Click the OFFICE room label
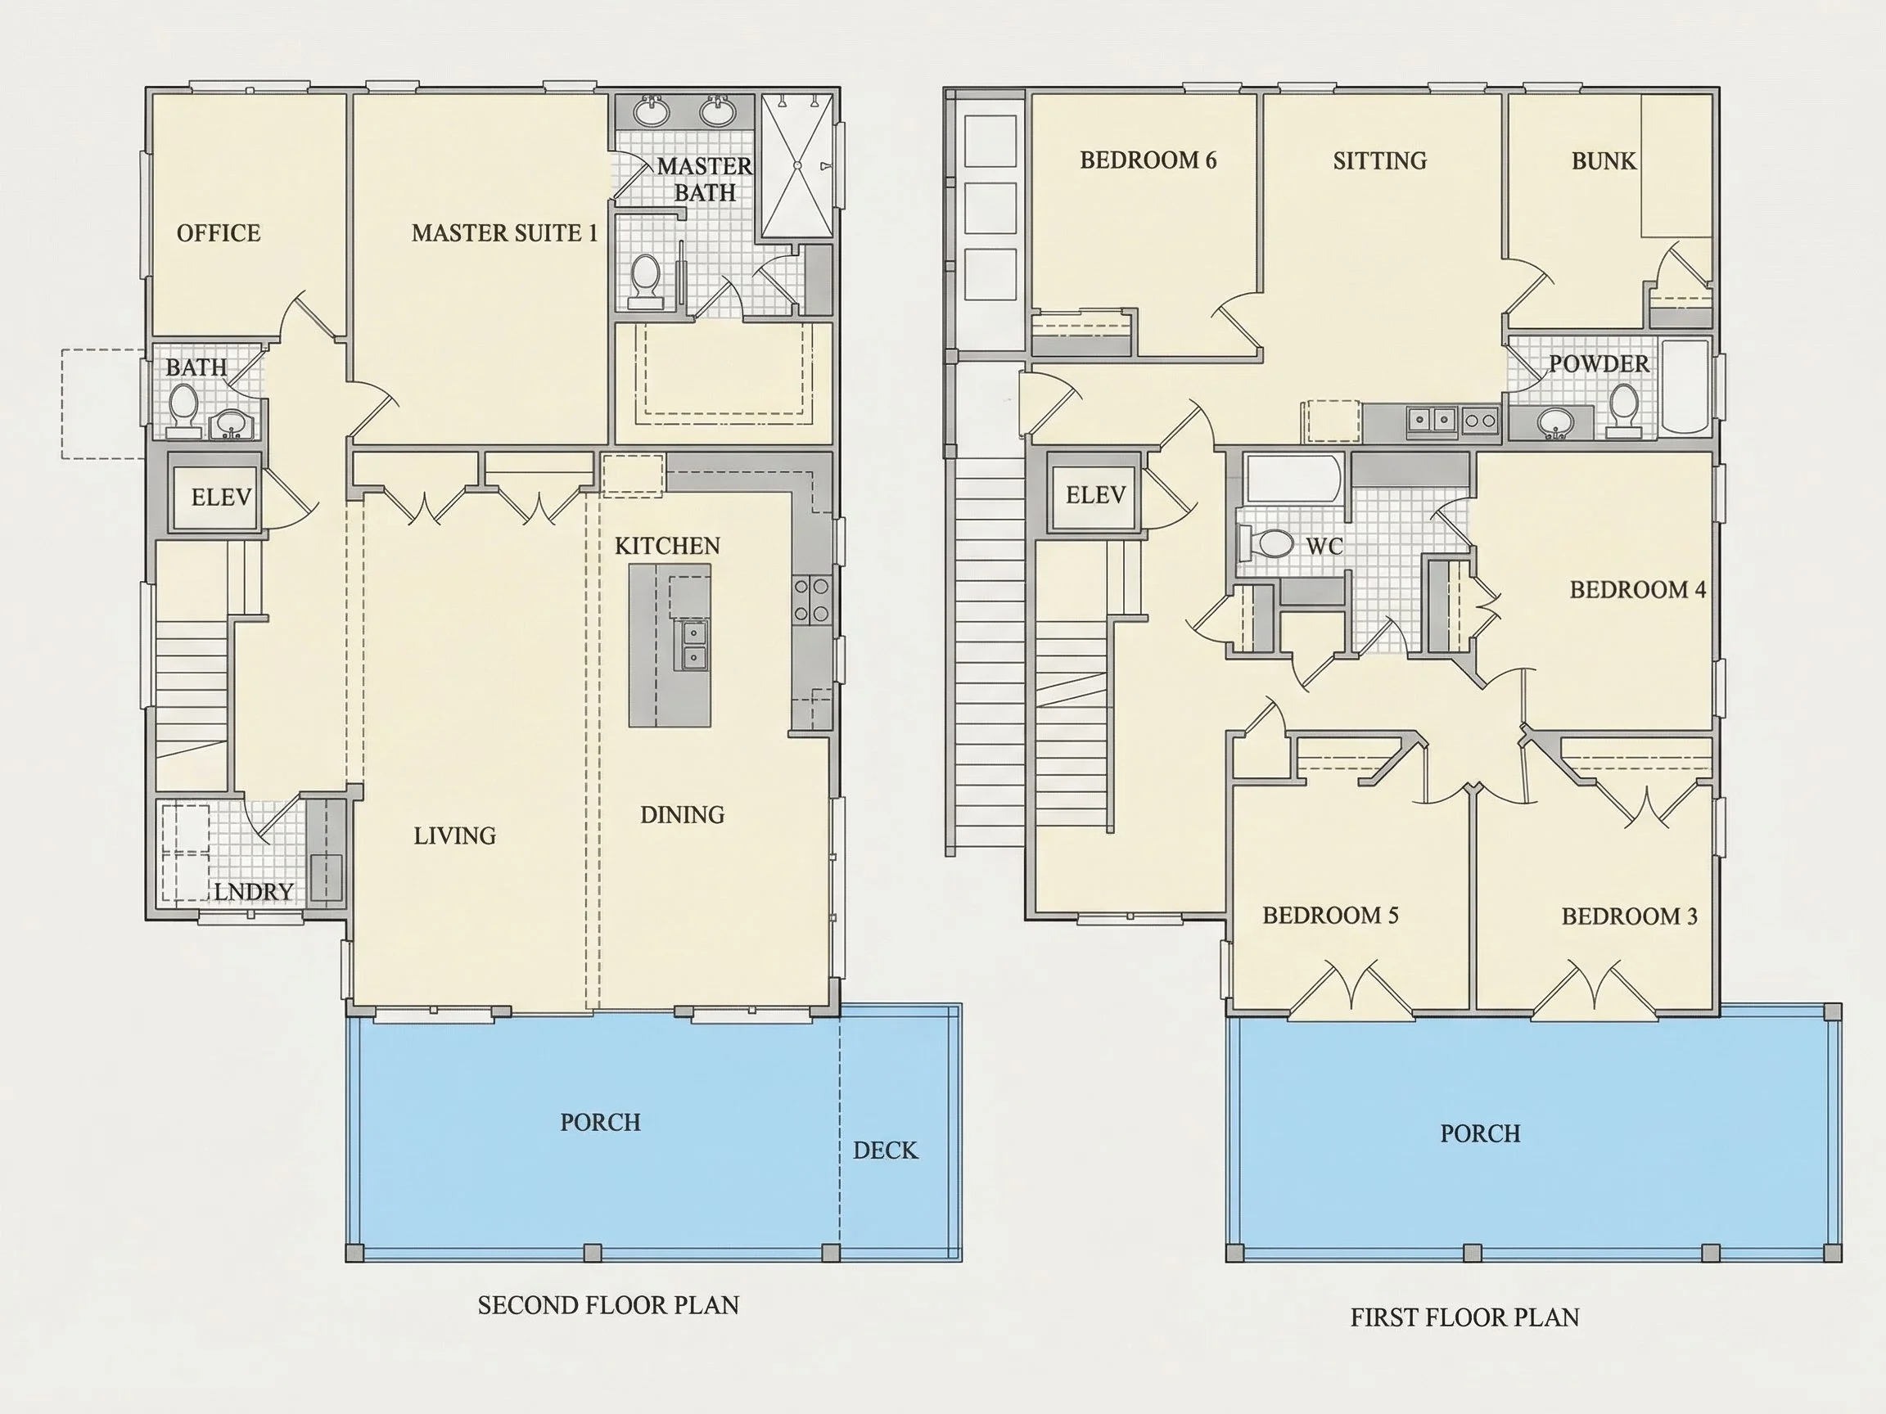coord(219,232)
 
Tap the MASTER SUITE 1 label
coord(505,232)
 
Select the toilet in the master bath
coord(644,281)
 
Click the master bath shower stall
coord(796,165)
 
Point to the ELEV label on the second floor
coord(221,497)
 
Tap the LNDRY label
coord(253,892)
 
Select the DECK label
coord(885,1151)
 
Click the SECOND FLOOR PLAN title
coord(608,1305)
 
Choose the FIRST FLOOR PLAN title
coord(1464,1317)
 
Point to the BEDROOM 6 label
coord(1148,160)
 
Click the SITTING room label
coord(1379,160)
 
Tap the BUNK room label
coord(1604,161)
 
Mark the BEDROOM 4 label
coord(1637,590)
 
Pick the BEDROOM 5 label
coord(1330,916)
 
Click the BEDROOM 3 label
coord(1629,916)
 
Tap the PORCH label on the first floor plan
coord(1480,1133)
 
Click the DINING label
coord(682,815)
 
